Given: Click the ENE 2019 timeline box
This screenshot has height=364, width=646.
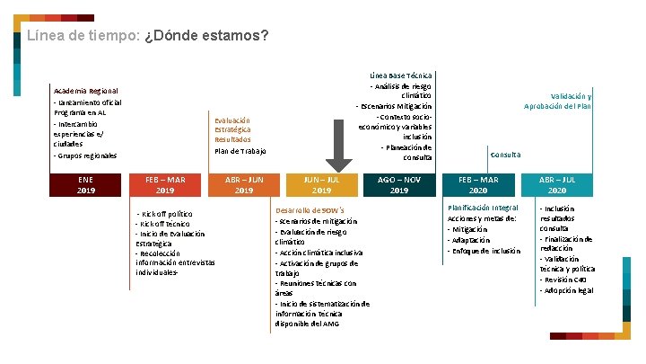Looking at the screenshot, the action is click(86, 185).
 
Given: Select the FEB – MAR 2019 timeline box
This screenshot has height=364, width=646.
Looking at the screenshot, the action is click(165, 185).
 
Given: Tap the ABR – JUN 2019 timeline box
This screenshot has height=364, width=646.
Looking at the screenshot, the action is click(243, 185).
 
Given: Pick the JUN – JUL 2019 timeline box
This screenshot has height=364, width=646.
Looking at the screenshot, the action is click(321, 185).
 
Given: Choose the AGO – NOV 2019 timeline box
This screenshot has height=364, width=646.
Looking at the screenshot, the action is click(399, 185).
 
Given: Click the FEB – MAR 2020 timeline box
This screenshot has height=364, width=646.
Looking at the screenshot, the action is click(478, 185).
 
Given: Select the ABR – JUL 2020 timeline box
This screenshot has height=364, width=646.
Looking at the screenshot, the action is click(556, 185).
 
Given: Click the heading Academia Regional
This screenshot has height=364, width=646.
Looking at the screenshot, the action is click(86, 92).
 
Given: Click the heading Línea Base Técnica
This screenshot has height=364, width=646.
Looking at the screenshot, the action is click(401, 75).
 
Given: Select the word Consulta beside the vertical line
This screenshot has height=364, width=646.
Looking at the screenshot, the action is click(505, 155).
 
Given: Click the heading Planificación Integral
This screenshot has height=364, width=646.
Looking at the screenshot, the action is click(483, 209).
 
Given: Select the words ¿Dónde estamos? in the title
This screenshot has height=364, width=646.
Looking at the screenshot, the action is click(205, 37).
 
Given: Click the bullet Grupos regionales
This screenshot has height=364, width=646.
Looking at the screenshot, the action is click(86, 155).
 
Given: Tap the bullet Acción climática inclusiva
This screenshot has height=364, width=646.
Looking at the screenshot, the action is click(319, 253).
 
